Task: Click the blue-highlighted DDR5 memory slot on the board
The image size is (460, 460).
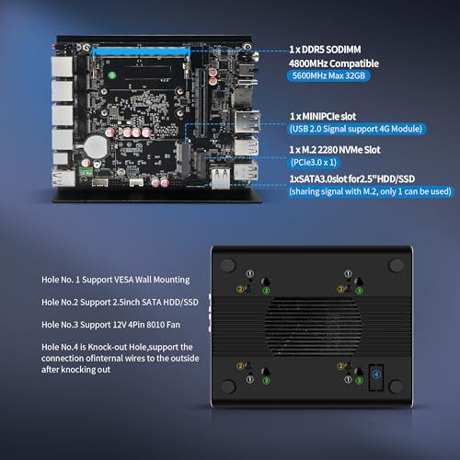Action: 141,51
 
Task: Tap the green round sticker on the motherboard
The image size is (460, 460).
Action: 112,75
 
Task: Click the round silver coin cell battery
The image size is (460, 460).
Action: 96,146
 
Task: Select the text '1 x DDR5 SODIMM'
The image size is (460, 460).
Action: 325,50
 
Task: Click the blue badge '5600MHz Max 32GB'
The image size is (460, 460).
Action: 328,75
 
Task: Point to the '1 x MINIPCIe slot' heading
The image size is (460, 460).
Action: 323,116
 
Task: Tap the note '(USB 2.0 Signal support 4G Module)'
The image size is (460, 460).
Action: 356,129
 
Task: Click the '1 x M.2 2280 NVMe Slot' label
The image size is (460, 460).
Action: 335,150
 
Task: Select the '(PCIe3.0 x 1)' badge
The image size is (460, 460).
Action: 314,162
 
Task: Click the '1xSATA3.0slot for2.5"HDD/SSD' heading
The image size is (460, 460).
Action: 352,178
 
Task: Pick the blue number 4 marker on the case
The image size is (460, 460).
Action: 376,374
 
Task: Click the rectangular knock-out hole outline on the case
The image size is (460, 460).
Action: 369,377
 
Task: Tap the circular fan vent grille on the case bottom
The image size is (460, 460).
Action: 313,326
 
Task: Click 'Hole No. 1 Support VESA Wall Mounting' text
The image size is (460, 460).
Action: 116,280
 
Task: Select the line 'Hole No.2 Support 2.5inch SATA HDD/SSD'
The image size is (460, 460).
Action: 120,303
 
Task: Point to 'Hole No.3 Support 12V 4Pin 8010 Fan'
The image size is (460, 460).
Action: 110,325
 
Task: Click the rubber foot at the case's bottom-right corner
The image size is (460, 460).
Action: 396,386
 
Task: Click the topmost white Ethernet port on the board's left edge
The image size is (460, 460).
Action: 62,66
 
